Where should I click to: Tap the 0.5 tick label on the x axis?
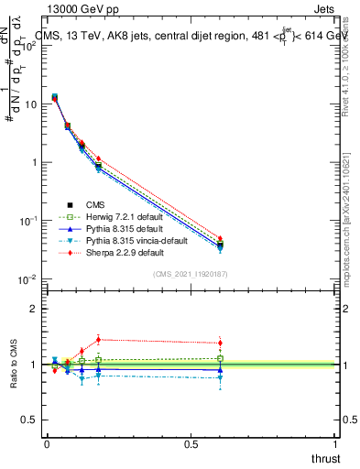pos(191,443)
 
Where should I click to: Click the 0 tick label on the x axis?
pos(47,443)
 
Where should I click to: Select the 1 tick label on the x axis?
pos(335,443)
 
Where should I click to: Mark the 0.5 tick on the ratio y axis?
pos(30,420)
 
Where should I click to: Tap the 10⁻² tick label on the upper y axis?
pos(30,278)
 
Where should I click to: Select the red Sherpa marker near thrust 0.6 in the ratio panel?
pos(220,344)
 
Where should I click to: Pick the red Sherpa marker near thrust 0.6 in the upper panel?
pos(220,238)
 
